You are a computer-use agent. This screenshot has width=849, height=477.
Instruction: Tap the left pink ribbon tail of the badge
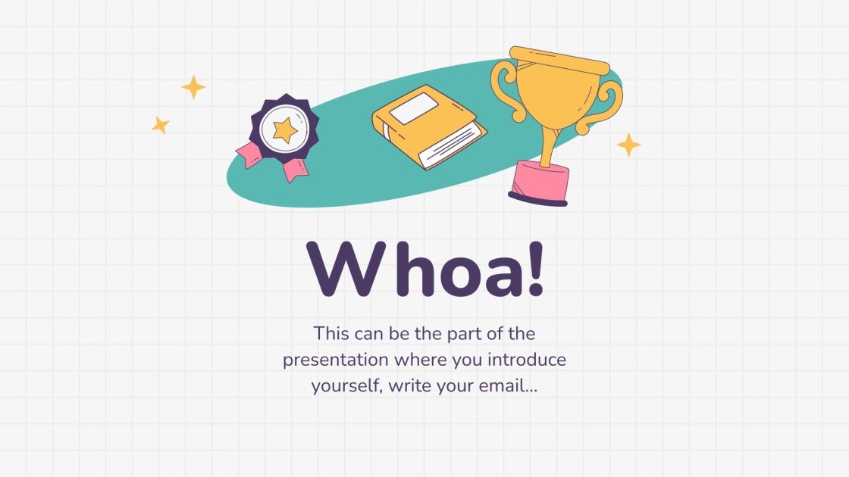pyautogui.click(x=249, y=154)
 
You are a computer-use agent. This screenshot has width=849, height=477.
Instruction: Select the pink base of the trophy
pyautogui.click(x=540, y=182)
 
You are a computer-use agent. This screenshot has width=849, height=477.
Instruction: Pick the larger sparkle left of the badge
pyautogui.click(x=194, y=87)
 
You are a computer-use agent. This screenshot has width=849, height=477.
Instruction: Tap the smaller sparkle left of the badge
pyautogui.click(x=160, y=125)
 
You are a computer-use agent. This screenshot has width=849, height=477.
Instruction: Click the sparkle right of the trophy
pyautogui.click(x=628, y=145)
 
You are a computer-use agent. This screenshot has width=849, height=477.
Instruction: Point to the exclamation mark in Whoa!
pyautogui.click(x=534, y=269)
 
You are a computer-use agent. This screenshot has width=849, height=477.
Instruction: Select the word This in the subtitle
pyautogui.click(x=332, y=333)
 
